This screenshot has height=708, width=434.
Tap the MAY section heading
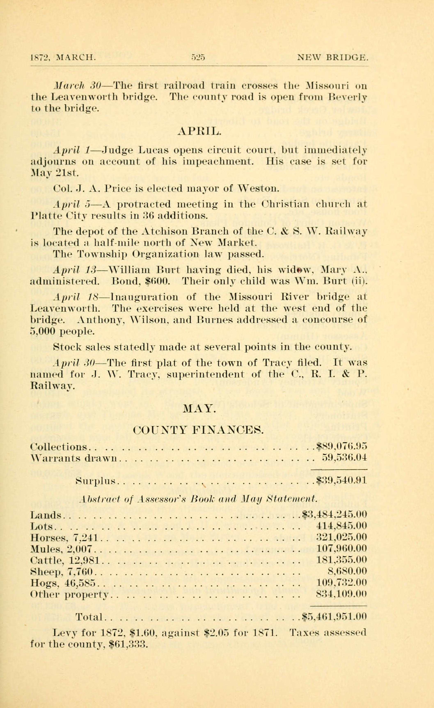(x=199, y=408)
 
